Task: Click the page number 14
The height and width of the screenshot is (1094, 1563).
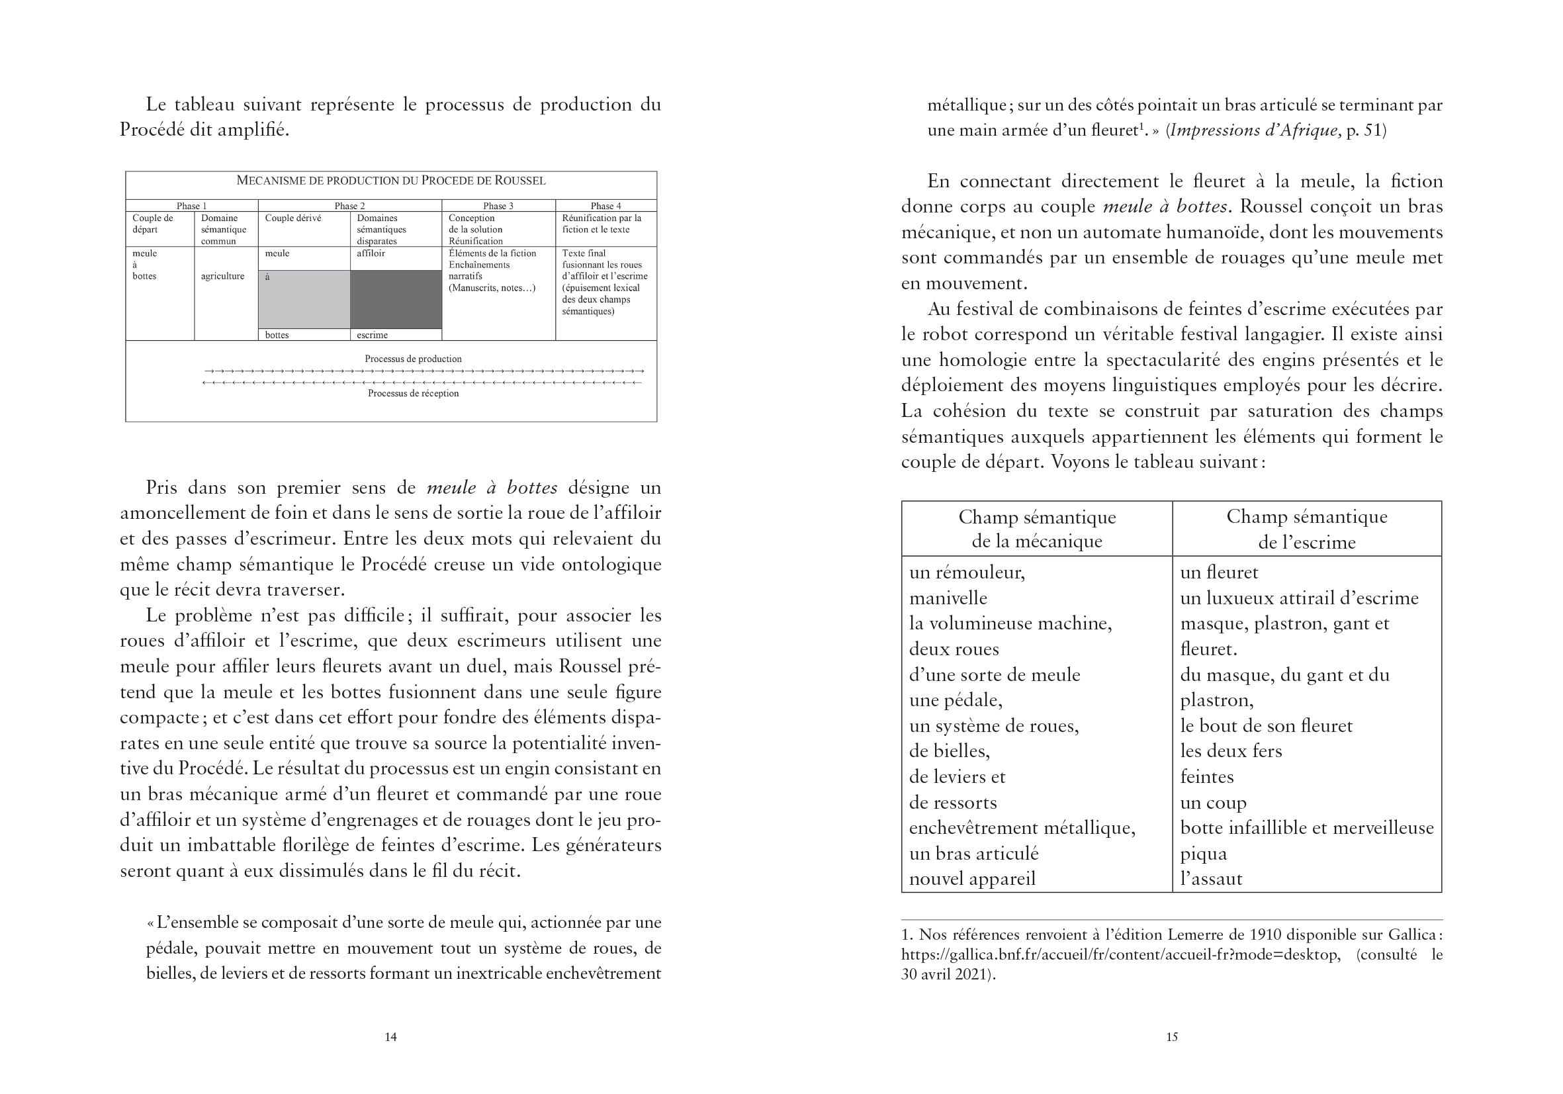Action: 390,1037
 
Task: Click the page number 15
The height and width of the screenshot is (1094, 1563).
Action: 1171,1037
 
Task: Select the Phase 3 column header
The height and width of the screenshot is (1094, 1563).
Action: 498,206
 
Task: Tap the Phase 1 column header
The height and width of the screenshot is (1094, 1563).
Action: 191,206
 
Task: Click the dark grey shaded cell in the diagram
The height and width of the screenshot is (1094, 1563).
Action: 396,299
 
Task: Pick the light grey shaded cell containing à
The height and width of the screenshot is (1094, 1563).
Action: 304,299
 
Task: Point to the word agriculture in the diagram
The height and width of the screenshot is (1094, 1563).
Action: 222,277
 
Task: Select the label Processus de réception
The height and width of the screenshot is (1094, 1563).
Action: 413,394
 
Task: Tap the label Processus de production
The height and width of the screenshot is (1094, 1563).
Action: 413,359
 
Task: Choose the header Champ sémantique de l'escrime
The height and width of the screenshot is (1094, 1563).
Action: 1306,529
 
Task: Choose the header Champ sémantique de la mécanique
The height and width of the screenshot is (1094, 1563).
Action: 1037,529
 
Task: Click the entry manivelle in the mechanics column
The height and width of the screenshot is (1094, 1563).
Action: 948,598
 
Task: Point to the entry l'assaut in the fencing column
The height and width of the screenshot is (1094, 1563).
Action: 1211,879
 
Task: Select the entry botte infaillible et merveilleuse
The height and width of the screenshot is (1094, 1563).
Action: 1306,828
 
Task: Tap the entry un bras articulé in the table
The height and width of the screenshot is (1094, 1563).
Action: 974,854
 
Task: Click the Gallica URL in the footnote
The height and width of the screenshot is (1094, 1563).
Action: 1120,954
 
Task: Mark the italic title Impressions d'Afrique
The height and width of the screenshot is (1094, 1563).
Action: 1255,130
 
